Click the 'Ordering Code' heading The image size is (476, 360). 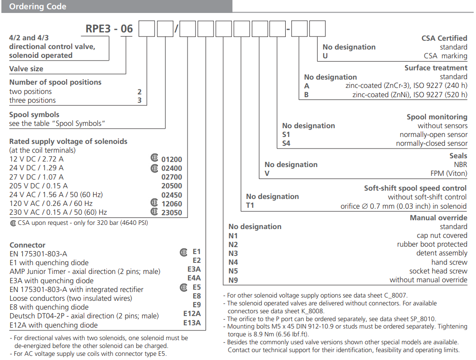[x=38, y=6]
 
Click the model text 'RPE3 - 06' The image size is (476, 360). [x=109, y=29]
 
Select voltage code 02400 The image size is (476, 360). [x=172, y=168]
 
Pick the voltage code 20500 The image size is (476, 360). [x=172, y=186]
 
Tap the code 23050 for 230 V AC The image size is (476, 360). [x=172, y=213]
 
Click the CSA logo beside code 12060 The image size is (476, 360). [x=154, y=203]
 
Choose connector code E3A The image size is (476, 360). [x=194, y=269]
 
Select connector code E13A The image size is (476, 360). [x=192, y=323]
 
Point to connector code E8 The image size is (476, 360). [x=197, y=296]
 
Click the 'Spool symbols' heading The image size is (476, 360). [x=34, y=114]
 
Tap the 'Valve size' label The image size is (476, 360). [x=26, y=69]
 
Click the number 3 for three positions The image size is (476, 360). [x=139, y=100]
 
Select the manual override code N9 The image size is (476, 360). [x=233, y=279]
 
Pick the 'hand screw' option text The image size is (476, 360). [x=449, y=262]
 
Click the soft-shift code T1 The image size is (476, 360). [x=250, y=205]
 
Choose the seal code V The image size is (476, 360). [x=267, y=174]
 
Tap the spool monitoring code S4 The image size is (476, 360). [x=287, y=143]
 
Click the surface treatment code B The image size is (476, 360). [x=307, y=94]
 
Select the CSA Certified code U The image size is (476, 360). [x=325, y=56]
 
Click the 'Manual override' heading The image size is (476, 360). [x=438, y=217]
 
